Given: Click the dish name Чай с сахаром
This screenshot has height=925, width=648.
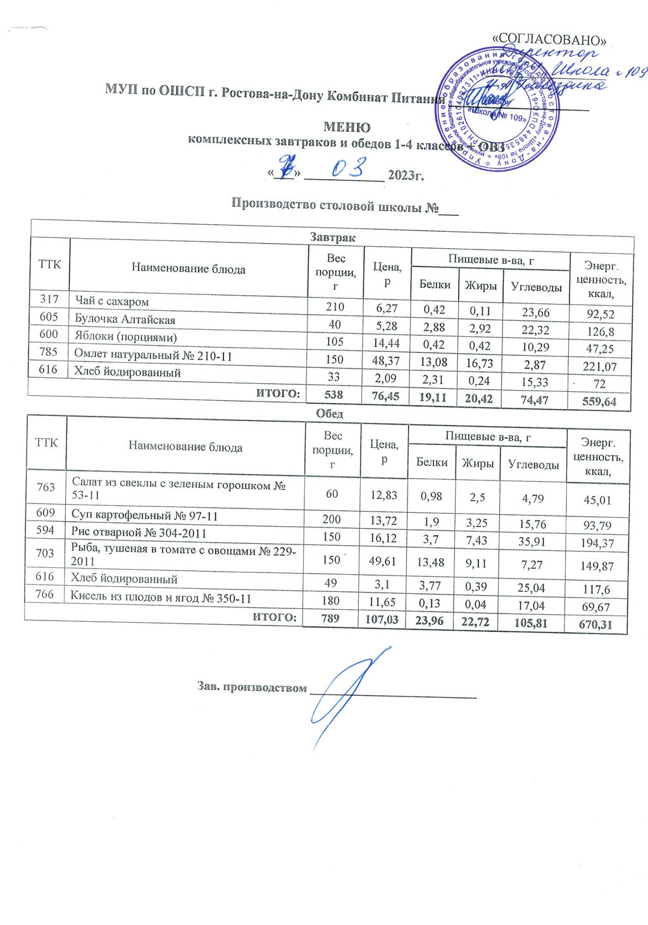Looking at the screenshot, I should coord(112,301).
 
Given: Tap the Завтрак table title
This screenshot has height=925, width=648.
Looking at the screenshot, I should coord(333,237).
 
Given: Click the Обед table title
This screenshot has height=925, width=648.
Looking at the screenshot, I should coord(329,413).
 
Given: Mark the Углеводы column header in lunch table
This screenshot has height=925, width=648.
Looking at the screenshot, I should coord(533,464).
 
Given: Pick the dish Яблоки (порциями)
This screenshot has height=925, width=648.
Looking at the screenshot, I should coord(125,337).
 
